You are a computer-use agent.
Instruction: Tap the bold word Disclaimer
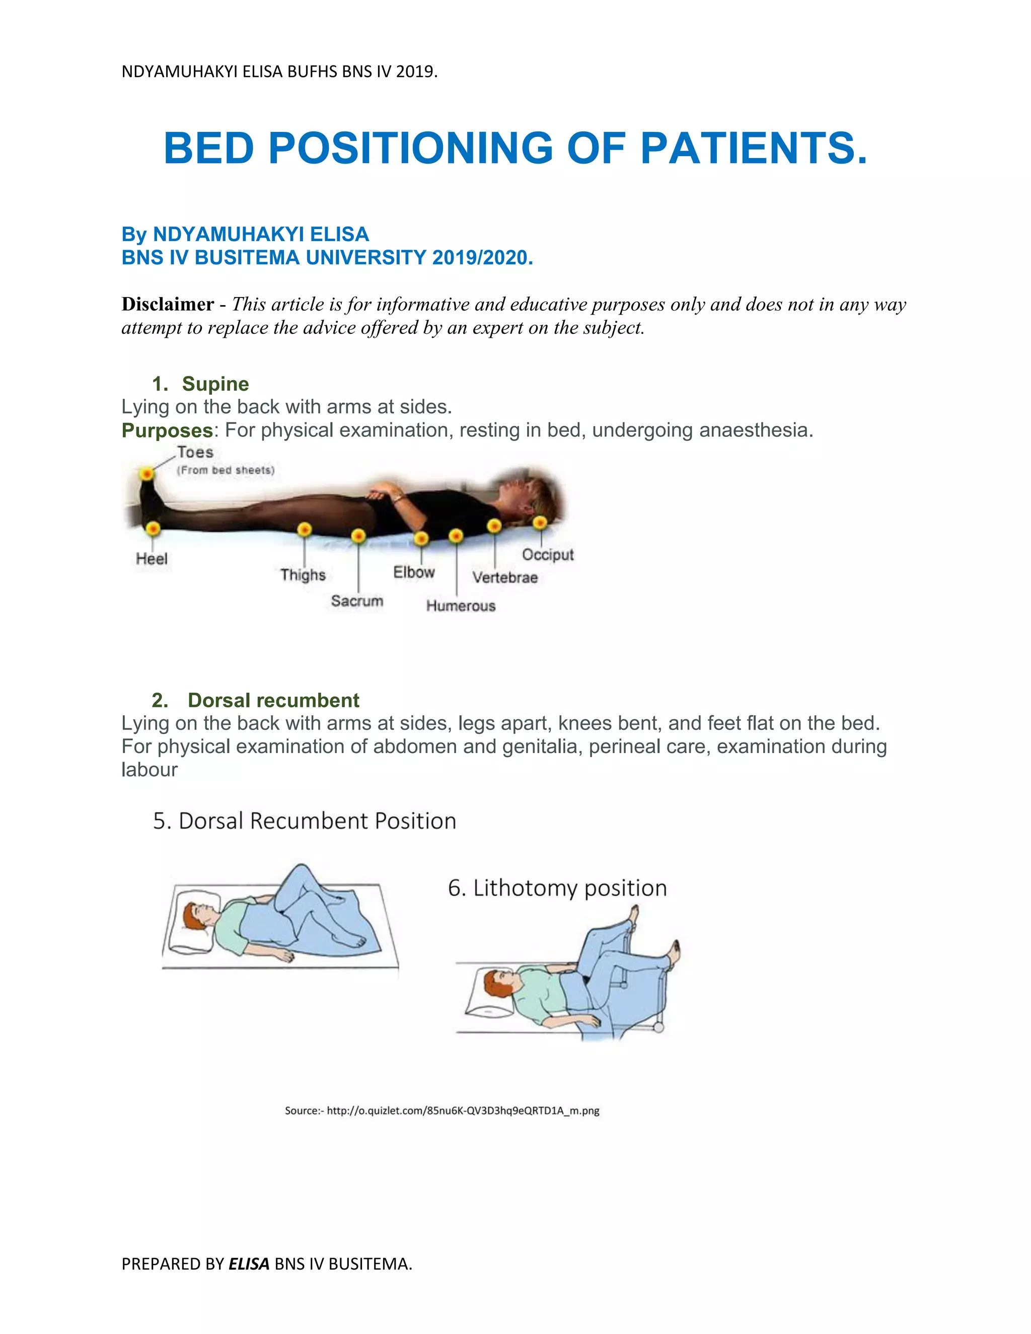[x=167, y=304]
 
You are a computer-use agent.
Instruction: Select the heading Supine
[x=215, y=384]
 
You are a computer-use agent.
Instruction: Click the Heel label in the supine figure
[x=152, y=558]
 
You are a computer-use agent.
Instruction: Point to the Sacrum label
[x=357, y=601]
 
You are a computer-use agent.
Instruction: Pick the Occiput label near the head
[x=548, y=555]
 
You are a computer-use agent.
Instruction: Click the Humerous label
[x=461, y=606]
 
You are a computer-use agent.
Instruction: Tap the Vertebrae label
[x=504, y=577]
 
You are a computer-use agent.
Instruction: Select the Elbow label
[x=413, y=572]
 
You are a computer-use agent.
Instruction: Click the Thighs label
[x=303, y=575]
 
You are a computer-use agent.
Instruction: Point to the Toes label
[x=195, y=453]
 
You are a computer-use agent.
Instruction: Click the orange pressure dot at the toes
[x=146, y=473]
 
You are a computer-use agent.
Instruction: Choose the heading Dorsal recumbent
[x=273, y=700]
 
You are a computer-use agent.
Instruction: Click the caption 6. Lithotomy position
[x=557, y=888]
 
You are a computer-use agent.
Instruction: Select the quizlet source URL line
[x=441, y=1110]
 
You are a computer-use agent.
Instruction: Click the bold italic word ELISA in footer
[x=249, y=1264]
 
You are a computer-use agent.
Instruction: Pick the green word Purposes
[x=167, y=430]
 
